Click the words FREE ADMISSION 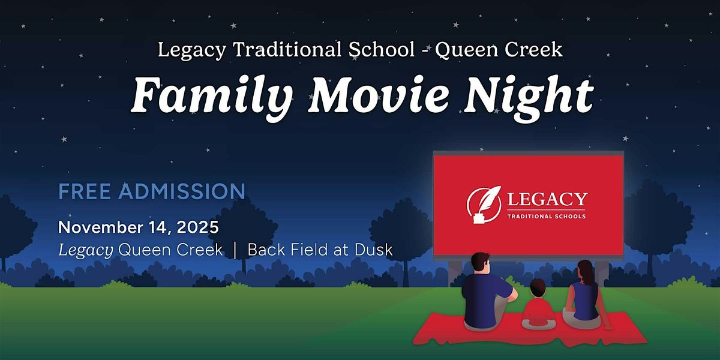click(x=152, y=192)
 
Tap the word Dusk click(x=374, y=250)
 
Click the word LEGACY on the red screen click(x=547, y=199)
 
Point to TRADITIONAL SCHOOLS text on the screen click(x=547, y=216)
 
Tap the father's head click(x=480, y=264)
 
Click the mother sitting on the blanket click(x=582, y=297)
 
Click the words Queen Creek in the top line click(x=499, y=50)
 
